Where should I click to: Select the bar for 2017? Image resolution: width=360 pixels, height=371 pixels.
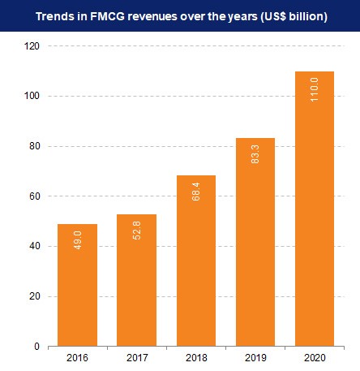(136, 280)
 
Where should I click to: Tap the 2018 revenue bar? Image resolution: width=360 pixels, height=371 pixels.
(195, 260)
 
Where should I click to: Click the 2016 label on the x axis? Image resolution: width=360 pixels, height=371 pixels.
(77, 357)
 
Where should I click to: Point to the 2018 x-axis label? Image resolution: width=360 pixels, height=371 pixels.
(195, 357)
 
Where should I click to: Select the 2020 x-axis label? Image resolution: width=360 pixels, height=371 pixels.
(315, 357)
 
